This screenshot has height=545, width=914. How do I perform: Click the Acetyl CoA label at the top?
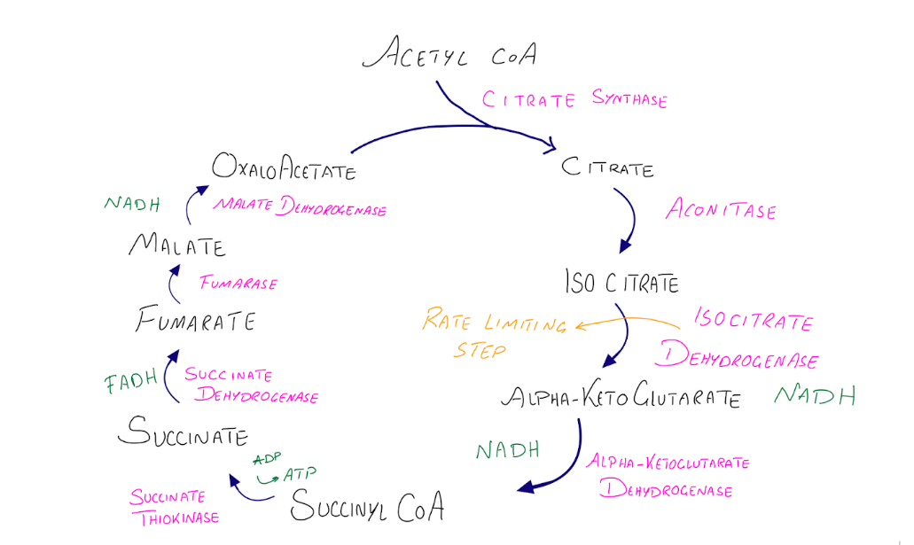tap(449, 54)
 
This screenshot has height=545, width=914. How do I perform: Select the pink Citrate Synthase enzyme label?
tap(574, 99)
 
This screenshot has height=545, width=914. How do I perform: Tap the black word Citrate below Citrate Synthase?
tap(608, 167)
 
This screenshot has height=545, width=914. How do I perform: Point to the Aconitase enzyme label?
tap(721, 211)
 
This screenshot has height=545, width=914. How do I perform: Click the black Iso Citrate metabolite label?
tap(621, 283)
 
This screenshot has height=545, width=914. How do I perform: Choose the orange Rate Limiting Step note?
tap(493, 332)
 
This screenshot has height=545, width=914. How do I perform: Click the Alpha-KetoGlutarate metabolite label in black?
tap(620, 397)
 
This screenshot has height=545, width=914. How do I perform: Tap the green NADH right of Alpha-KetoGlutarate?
tap(815, 395)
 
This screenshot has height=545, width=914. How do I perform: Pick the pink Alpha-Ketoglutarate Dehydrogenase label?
tap(668, 476)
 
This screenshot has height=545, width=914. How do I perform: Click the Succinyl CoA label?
tap(366, 507)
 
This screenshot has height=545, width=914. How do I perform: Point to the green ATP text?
tap(299, 474)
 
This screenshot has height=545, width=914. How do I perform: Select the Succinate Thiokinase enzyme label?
tap(174, 507)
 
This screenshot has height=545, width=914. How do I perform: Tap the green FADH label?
tap(130, 383)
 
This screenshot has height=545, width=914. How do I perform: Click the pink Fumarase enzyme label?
tap(238, 284)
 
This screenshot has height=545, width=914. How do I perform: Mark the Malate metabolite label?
tap(176, 245)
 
